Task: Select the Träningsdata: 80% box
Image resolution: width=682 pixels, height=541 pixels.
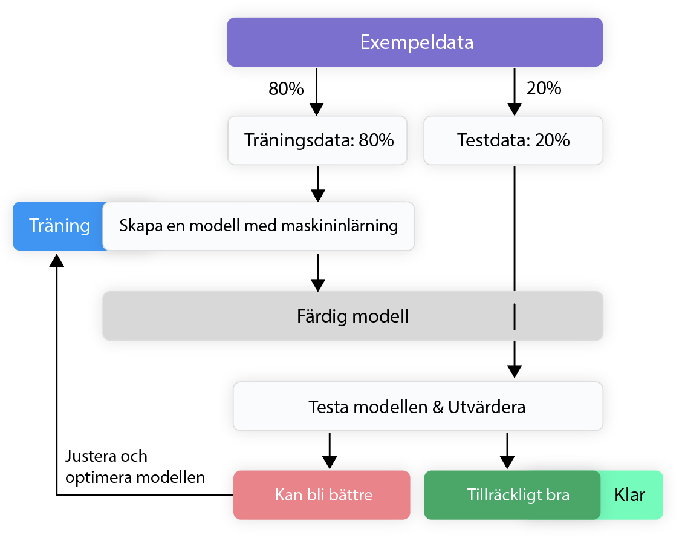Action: pyautogui.click(x=318, y=140)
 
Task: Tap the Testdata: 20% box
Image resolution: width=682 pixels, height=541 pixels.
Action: pyautogui.click(x=513, y=140)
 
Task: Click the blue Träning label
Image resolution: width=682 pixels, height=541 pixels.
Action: pyautogui.click(x=59, y=226)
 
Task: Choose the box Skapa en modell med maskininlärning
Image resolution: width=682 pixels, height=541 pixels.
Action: pyautogui.click(x=259, y=226)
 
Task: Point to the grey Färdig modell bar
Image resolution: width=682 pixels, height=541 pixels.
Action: pyautogui.click(x=352, y=316)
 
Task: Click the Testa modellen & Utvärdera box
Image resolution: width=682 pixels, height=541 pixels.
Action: pyautogui.click(x=417, y=407)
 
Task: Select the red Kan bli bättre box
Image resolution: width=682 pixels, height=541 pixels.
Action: pyautogui.click(x=323, y=495)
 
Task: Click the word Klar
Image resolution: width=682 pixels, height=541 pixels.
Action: pyautogui.click(x=630, y=495)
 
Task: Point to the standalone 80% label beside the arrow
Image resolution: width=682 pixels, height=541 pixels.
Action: pyautogui.click(x=285, y=89)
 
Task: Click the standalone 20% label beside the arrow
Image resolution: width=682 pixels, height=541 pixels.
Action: pyautogui.click(x=544, y=88)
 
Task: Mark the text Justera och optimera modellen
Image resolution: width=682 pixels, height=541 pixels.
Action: pyautogui.click(x=135, y=466)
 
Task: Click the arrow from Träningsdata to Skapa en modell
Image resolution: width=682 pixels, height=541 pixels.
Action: pyautogui.click(x=317, y=184)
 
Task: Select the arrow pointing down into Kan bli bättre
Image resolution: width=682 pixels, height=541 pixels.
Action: pyautogui.click(x=330, y=451)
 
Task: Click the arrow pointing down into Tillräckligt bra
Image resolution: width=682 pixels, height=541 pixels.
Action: pyautogui.click(x=507, y=451)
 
